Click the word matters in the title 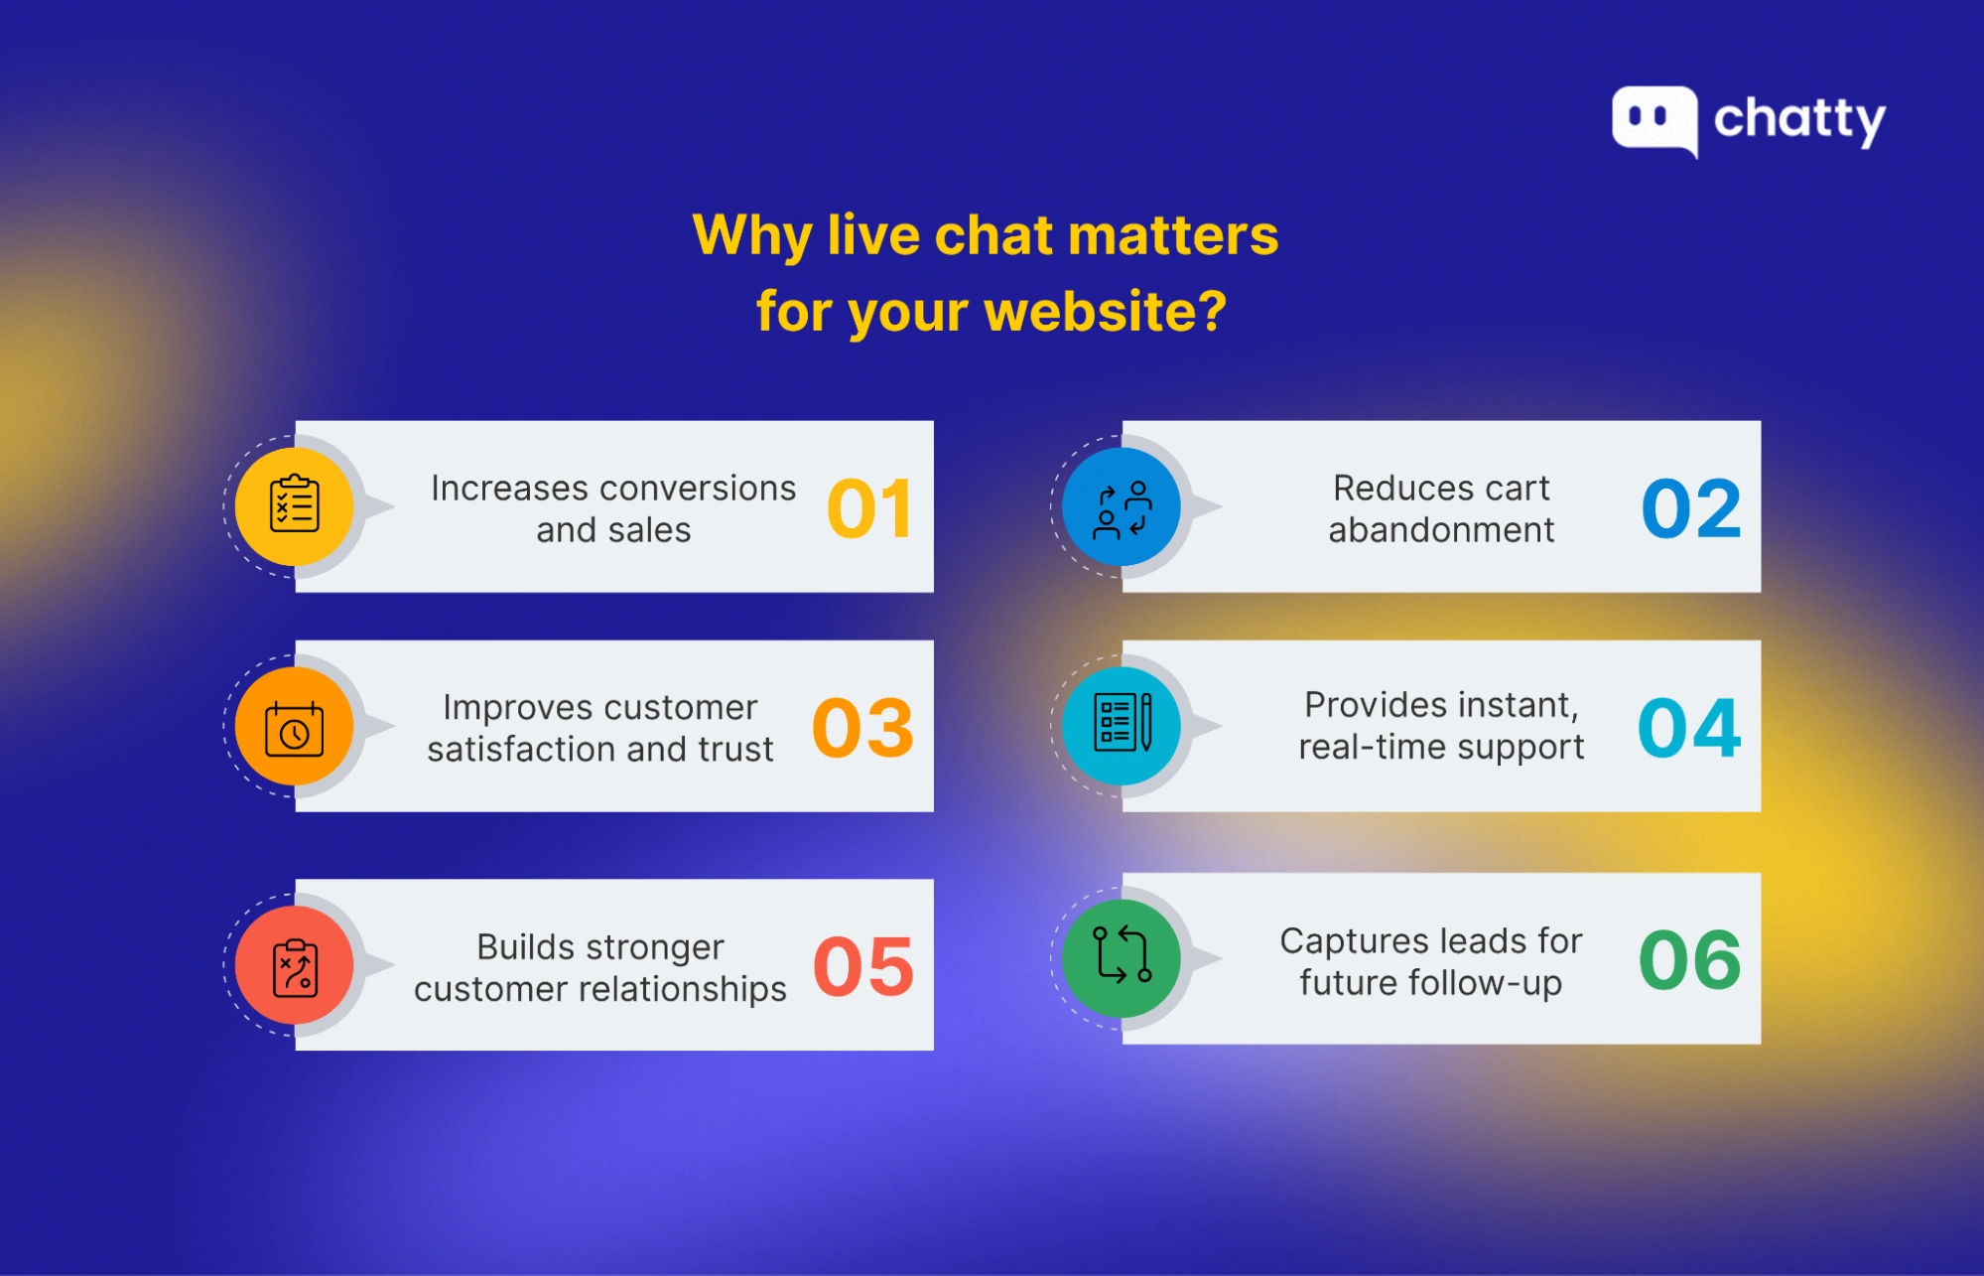coord(1173,235)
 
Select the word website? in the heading coord(1106,312)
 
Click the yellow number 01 coord(869,509)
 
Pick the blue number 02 coord(1691,509)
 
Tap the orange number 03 coord(862,728)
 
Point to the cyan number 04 coord(1689,728)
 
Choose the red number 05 coord(862,967)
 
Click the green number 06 coord(1689,960)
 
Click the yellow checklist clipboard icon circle coord(295,505)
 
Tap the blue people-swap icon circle coord(1122,507)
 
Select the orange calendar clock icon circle coord(295,727)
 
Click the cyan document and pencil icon coord(1122,723)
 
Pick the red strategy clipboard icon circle coord(295,965)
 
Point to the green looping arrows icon coord(1122,957)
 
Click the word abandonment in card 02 coord(1441,530)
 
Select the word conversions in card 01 coord(699,489)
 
